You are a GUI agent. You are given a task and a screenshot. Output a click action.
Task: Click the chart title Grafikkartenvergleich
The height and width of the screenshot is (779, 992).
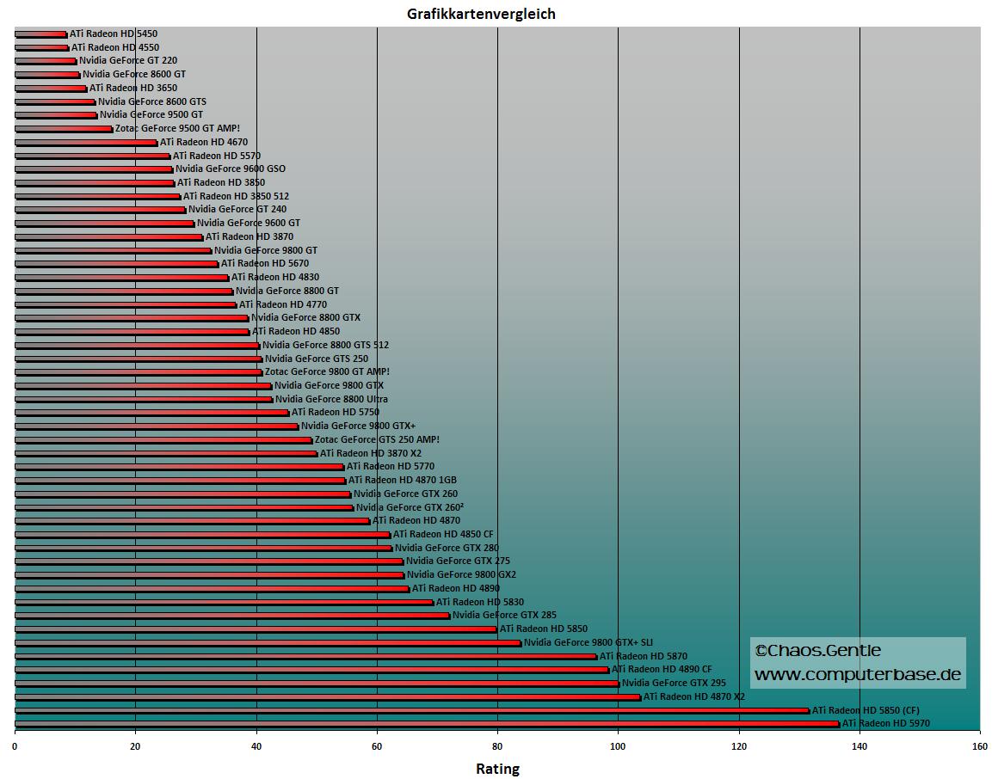point(481,14)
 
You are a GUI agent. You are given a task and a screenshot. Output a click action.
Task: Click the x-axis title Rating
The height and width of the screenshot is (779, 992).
point(497,768)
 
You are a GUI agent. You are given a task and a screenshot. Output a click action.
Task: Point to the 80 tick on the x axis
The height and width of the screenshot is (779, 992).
point(497,745)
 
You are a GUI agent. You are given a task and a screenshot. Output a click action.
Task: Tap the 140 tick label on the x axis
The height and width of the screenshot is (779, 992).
point(860,745)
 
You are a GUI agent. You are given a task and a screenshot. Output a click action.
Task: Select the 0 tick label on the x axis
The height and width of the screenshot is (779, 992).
point(15,745)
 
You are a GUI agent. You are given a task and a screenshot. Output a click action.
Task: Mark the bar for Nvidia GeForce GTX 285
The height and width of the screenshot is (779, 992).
point(232,616)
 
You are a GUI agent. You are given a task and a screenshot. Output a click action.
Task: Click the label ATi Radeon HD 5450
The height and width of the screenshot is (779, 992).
point(114,34)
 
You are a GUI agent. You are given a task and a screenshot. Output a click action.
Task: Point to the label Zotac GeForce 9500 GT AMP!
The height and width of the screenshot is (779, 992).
point(177,128)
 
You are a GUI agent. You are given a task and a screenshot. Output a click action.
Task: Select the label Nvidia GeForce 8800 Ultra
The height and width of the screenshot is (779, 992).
point(331,399)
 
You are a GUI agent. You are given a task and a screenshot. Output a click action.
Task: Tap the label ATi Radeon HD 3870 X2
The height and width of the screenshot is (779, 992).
point(371,453)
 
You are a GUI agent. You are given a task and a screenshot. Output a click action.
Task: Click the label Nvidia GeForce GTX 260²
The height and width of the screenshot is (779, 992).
point(410,507)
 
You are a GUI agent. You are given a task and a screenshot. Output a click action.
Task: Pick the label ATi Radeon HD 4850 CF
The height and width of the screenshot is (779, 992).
point(443,534)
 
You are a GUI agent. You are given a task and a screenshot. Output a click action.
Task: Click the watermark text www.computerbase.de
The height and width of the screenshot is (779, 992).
point(858,675)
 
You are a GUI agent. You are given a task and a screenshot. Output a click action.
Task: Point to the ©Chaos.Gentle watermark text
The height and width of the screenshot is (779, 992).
point(817,651)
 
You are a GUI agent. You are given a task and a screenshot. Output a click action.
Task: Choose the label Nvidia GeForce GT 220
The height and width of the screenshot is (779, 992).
point(127,61)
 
